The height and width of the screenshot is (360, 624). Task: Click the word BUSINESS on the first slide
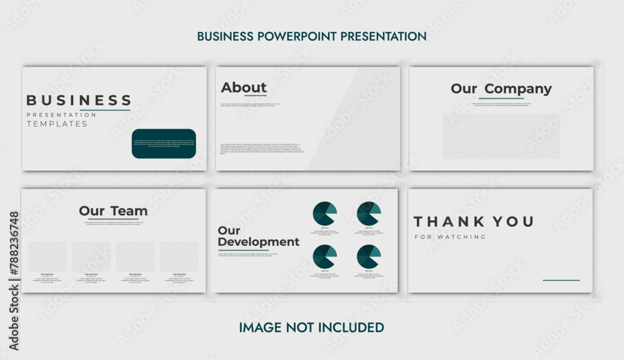79,100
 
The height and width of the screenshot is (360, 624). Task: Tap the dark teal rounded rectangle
163,144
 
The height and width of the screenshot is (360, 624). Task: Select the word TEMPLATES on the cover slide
57,124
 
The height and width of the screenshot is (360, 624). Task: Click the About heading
243,87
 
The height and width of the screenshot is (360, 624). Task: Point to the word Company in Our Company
518,89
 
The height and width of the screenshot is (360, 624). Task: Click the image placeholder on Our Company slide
501,135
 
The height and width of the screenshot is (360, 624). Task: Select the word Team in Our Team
129,211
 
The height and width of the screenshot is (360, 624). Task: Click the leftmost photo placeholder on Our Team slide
47,256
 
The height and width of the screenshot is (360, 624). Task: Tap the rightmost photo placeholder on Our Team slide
180,256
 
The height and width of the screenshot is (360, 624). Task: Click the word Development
258,241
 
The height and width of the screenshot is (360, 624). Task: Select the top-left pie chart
324,214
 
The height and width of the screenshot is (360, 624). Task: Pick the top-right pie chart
369,214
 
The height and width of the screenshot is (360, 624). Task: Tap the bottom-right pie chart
369,256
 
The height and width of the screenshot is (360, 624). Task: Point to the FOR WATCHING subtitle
450,237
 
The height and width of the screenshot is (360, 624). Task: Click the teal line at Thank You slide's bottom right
561,280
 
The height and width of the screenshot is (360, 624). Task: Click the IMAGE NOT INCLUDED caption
311,328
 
